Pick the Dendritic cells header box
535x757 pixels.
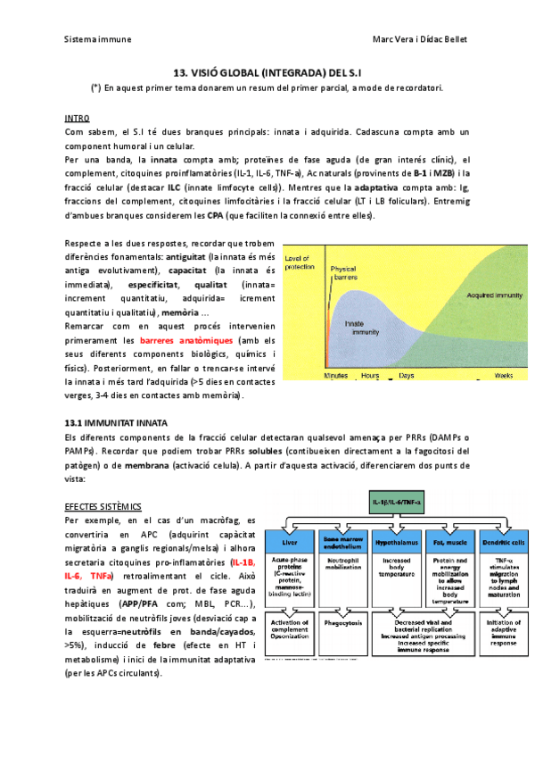tap(498, 541)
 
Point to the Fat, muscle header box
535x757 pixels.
tap(448, 541)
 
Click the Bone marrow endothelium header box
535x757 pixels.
tap(344, 541)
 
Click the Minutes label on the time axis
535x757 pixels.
tap(335, 377)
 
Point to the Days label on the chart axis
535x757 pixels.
tap(407, 377)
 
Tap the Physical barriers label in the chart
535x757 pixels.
tap(343, 272)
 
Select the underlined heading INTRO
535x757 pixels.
tap(77, 118)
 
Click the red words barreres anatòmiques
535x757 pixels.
tap(186, 341)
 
